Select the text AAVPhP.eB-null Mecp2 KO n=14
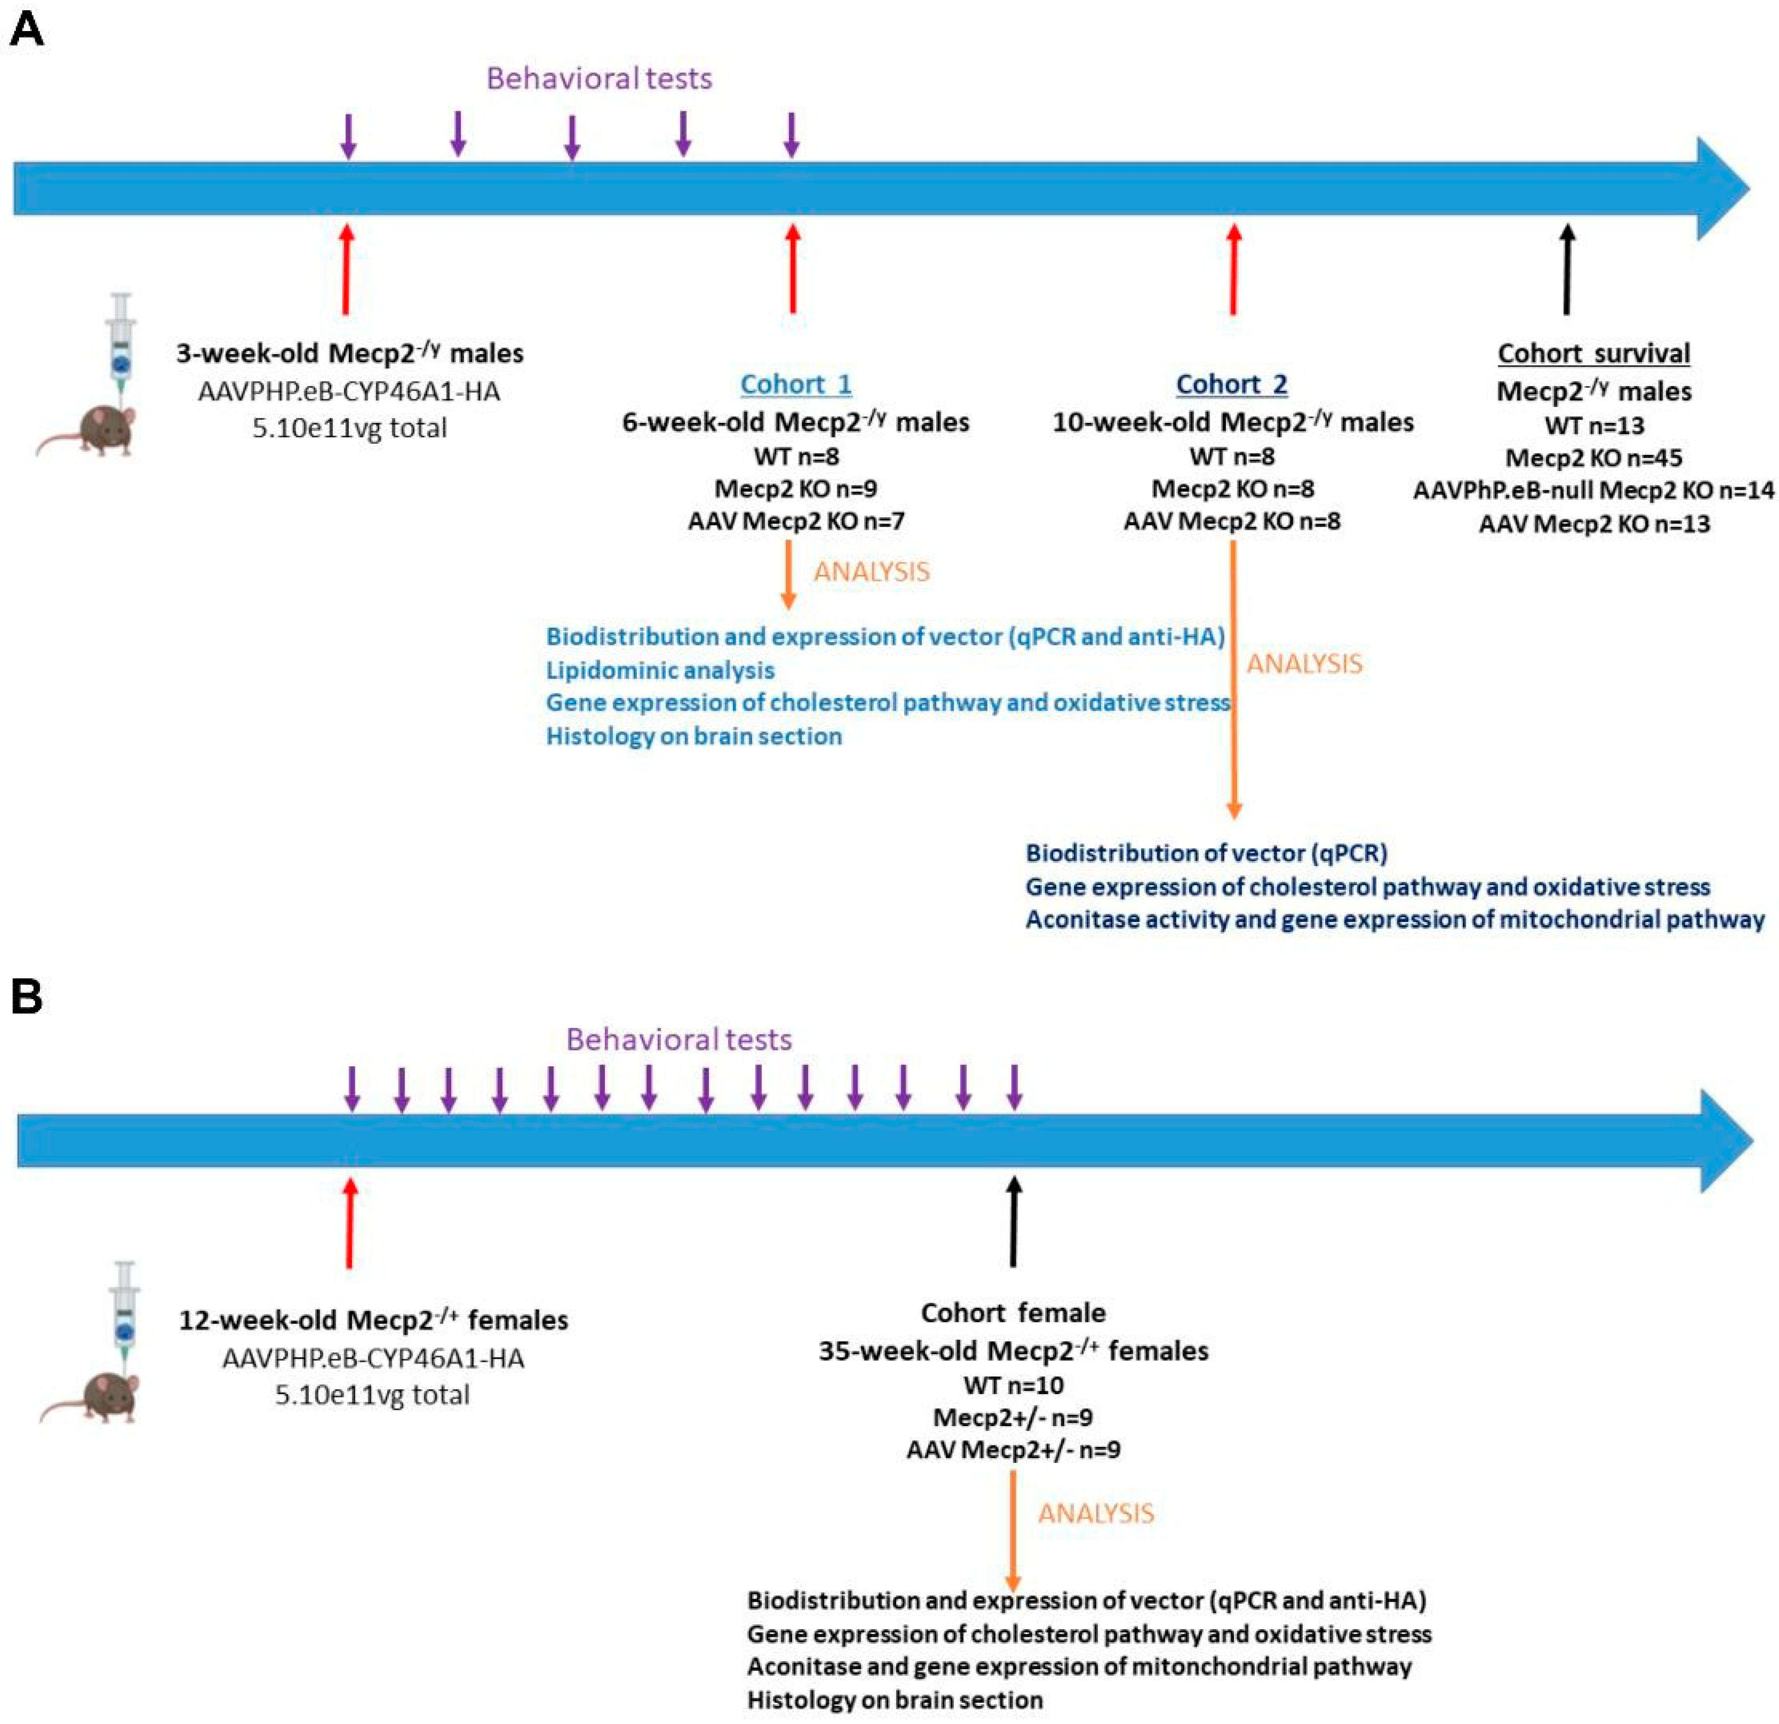pyautogui.click(x=1593, y=490)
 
